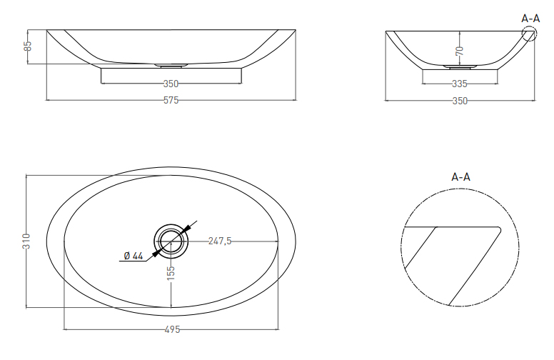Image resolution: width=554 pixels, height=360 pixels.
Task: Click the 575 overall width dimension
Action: coord(171,101)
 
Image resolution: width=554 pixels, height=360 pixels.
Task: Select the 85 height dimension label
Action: coord(28,46)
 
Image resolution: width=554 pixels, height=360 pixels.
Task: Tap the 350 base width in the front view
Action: coord(171,84)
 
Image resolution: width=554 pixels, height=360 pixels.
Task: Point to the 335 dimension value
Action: coord(460,84)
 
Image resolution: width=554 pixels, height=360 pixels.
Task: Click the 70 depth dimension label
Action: coord(460,51)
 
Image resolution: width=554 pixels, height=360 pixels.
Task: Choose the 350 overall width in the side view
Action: coord(460,101)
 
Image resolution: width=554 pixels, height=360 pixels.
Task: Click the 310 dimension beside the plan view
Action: coord(26,241)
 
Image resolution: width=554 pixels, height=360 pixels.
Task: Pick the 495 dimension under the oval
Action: coord(172,329)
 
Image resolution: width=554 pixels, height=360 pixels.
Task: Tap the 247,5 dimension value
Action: coord(219,241)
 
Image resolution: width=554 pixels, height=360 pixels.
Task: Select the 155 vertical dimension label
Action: coord(171,274)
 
